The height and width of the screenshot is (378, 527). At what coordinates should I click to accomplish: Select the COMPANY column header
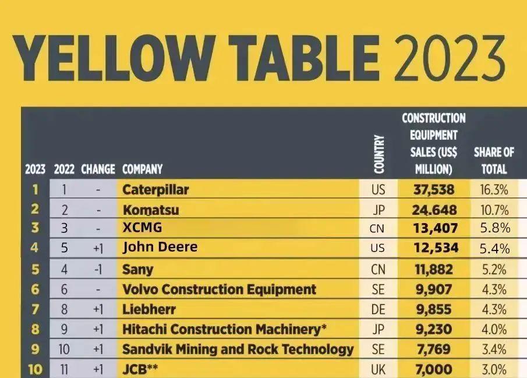(142, 170)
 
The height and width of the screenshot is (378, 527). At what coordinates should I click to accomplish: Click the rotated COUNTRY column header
(379, 154)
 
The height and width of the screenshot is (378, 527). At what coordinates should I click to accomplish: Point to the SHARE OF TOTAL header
(494, 161)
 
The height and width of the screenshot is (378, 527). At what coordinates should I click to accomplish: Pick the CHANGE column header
(98, 170)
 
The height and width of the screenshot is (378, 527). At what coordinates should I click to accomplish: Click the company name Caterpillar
(155, 189)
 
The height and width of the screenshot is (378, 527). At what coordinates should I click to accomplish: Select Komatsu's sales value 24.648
(435, 210)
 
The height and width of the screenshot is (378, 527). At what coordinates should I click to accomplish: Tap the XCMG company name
(142, 228)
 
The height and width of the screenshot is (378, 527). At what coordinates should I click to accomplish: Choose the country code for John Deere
(377, 248)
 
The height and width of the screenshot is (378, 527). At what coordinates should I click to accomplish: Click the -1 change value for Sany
(98, 270)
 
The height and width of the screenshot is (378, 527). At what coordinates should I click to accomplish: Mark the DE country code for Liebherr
(377, 310)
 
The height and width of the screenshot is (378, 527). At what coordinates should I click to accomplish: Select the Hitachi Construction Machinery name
(224, 329)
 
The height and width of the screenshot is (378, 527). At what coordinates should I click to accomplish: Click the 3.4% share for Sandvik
(494, 349)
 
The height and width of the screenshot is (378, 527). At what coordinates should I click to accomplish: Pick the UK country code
(378, 369)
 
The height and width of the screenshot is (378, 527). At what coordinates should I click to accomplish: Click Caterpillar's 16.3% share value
(494, 190)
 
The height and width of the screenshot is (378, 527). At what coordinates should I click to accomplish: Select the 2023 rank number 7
(34, 309)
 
